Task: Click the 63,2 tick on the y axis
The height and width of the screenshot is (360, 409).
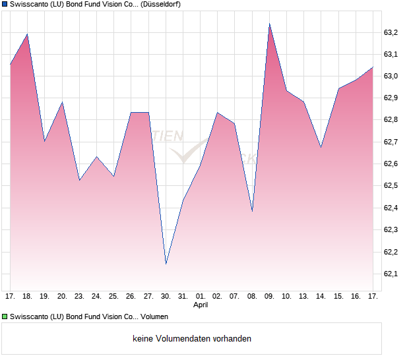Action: pos(391,32)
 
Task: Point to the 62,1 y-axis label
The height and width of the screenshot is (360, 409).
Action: pos(391,274)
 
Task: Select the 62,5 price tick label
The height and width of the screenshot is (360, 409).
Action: pos(391,186)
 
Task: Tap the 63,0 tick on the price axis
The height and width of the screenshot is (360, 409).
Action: pos(391,76)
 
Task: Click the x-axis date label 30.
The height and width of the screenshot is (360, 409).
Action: pos(166,296)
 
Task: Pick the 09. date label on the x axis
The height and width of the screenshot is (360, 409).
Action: pos(269,296)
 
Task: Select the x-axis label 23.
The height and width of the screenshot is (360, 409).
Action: pos(79,296)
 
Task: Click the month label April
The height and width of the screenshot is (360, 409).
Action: pos(201,305)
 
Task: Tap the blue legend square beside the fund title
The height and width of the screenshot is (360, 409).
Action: pos(5,5)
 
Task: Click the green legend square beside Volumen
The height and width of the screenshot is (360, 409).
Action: pos(5,316)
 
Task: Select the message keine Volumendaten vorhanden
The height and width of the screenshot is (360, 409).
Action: pos(192,339)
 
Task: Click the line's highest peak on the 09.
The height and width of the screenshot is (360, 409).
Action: pos(269,24)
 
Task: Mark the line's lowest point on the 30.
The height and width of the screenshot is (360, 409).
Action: pos(166,264)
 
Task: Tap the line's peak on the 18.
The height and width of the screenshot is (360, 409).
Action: pos(27,34)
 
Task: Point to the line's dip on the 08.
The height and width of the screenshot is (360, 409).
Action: pos(252,212)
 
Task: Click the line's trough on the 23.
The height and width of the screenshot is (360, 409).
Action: pos(79,180)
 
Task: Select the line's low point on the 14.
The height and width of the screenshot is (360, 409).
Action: pos(321,147)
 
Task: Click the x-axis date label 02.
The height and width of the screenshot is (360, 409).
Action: pos(217,296)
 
